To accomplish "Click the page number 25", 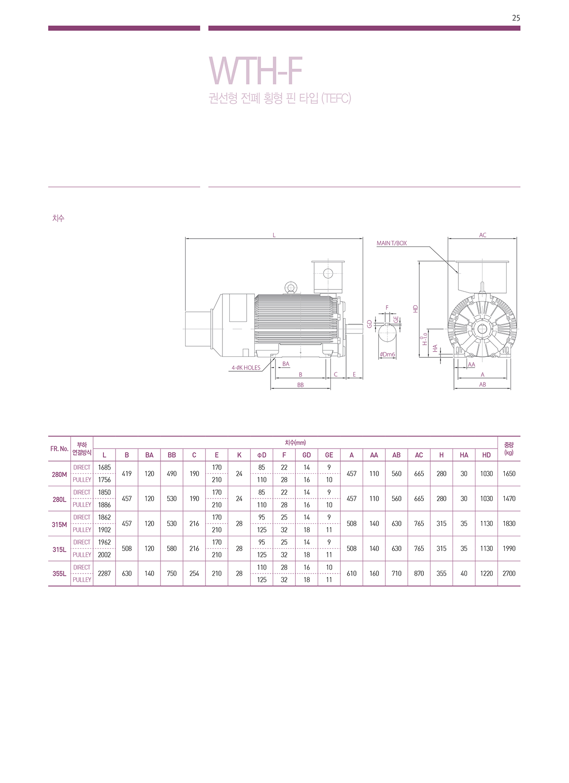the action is coord(516,18).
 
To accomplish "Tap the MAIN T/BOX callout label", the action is coord(391,243).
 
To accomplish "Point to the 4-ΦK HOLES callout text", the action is coord(246,368).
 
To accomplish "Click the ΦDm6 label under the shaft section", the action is coord(387,355).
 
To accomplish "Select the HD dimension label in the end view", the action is coord(415,309).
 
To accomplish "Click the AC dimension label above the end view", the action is coord(482,235).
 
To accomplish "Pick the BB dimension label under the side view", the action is coord(300,385).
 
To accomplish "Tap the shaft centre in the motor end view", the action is coord(483,329).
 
